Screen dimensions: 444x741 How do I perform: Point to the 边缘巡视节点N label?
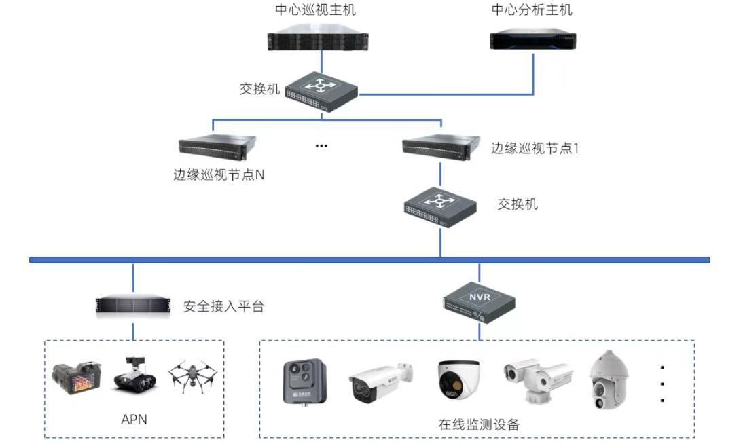point(219,174)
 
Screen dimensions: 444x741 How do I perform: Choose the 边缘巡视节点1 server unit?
point(437,147)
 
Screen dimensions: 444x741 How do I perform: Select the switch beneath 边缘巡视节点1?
point(440,206)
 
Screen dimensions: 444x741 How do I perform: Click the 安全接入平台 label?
point(223,306)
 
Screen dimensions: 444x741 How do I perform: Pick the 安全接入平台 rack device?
point(133,306)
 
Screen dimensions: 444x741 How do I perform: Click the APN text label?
point(134,420)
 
